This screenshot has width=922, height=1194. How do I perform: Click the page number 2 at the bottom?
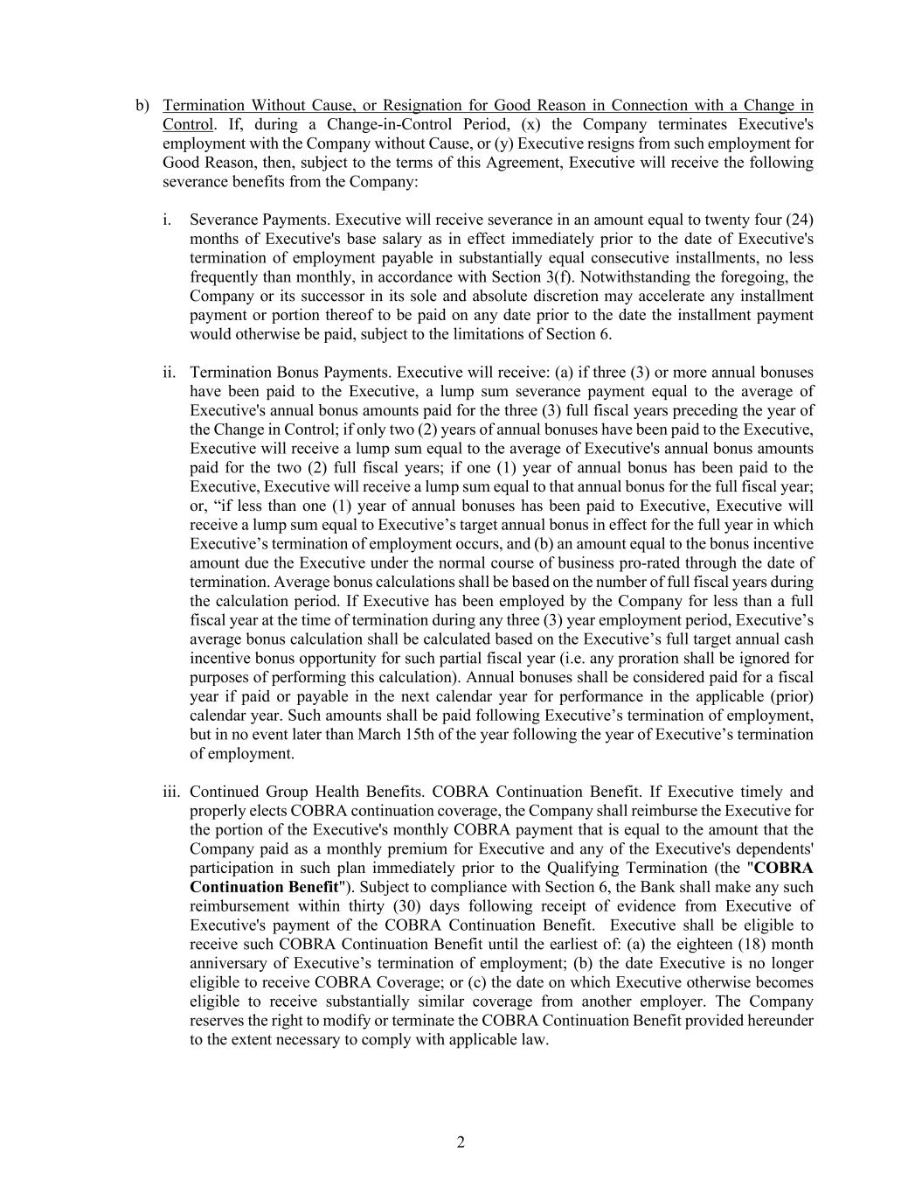(x=461, y=1142)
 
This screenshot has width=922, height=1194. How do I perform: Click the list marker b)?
(x=142, y=106)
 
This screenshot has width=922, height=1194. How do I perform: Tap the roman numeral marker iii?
(x=171, y=792)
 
